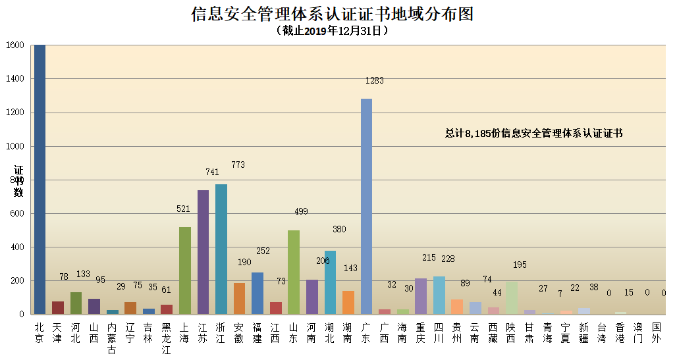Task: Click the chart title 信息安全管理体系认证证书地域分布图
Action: [x=333, y=14]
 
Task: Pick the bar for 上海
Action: [x=185, y=270]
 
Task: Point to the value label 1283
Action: [x=375, y=81]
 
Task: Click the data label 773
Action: [x=238, y=165]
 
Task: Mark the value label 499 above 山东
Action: [x=301, y=211]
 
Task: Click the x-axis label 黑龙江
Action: [x=167, y=338]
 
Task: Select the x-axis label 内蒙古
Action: [x=112, y=338]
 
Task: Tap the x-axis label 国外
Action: [x=656, y=332]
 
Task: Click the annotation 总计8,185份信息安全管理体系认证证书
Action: [x=533, y=133]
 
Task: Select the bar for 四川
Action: [x=439, y=295]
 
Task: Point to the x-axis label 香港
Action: [x=620, y=332]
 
